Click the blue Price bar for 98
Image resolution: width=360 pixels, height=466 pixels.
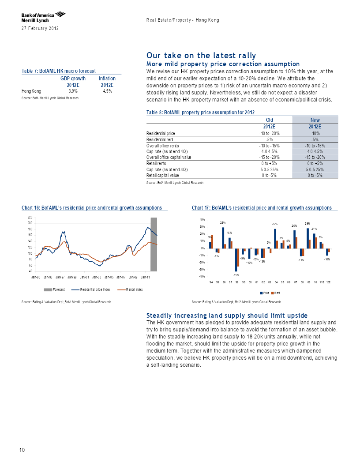click(236, 260)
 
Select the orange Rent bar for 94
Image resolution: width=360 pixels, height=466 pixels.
click(212, 242)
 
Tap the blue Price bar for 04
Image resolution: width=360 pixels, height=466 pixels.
click(275, 239)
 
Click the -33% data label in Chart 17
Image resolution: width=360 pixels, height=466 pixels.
click(236, 275)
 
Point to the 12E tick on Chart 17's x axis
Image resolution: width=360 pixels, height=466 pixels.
click(328, 282)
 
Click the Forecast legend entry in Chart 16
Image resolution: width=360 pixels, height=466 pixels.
click(54, 289)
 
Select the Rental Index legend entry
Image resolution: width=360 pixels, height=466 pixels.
click(130, 289)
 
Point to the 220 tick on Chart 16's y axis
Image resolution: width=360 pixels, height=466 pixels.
click(30, 217)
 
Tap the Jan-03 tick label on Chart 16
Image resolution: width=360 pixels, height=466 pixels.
click(97, 277)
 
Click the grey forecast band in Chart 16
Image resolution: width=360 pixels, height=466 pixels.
click(154, 244)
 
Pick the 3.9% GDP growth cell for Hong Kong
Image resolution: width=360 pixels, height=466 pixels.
click(73, 91)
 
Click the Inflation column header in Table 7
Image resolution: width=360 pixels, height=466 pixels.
click(107, 79)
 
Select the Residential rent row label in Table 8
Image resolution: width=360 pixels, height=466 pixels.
click(160, 139)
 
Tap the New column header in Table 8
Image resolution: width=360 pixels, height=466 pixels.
click(315, 120)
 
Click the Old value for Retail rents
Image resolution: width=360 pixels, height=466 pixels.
click(270, 163)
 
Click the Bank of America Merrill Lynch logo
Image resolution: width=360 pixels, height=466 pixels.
click(43, 17)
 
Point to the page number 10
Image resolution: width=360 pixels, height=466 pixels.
click(22, 450)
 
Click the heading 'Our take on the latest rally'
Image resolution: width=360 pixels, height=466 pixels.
click(201, 55)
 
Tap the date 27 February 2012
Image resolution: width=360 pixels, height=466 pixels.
click(40, 29)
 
